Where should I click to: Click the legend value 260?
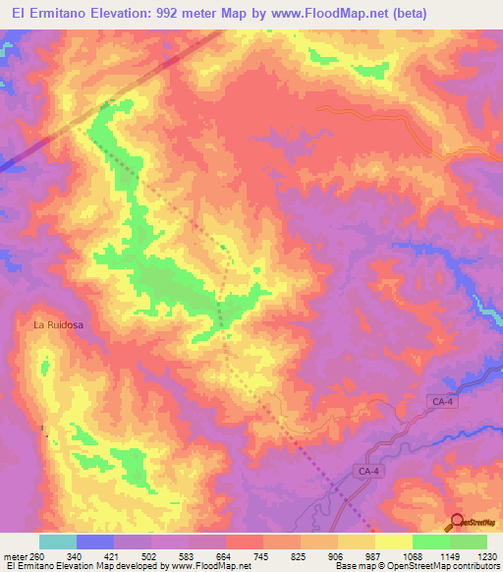(34, 556)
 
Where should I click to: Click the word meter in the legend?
(13, 556)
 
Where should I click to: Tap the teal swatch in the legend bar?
(58, 542)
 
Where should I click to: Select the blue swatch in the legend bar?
(95, 542)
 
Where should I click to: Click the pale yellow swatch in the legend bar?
(394, 542)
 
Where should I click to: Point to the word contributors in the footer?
(474, 567)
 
